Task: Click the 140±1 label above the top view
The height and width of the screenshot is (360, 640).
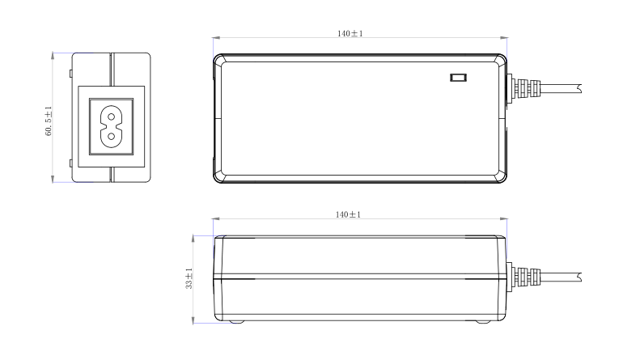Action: pyautogui.click(x=350, y=33)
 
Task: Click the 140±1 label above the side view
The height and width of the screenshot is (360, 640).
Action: pyautogui.click(x=348, y=214)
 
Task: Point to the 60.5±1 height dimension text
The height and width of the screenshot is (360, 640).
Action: pyautogui.click(x=49, y=121)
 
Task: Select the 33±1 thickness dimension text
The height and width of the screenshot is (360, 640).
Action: pyautogui.click(x=189, y=278)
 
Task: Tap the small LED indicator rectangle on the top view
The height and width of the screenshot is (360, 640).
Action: pyautogui.click(x=458, y=77)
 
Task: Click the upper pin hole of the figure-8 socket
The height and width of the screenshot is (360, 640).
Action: pyautogui.click(x=111, y=116)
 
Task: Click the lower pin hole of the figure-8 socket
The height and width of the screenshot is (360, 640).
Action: pyautogui.click(x=111, y=137)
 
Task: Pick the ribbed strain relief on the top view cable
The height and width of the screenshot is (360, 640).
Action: pyautogui.click(x=527, y=88)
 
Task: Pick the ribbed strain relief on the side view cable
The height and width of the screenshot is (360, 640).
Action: pyautogui.click(x=527, y=277)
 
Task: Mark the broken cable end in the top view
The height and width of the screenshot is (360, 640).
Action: pyautogui.click(x=579, y=88)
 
